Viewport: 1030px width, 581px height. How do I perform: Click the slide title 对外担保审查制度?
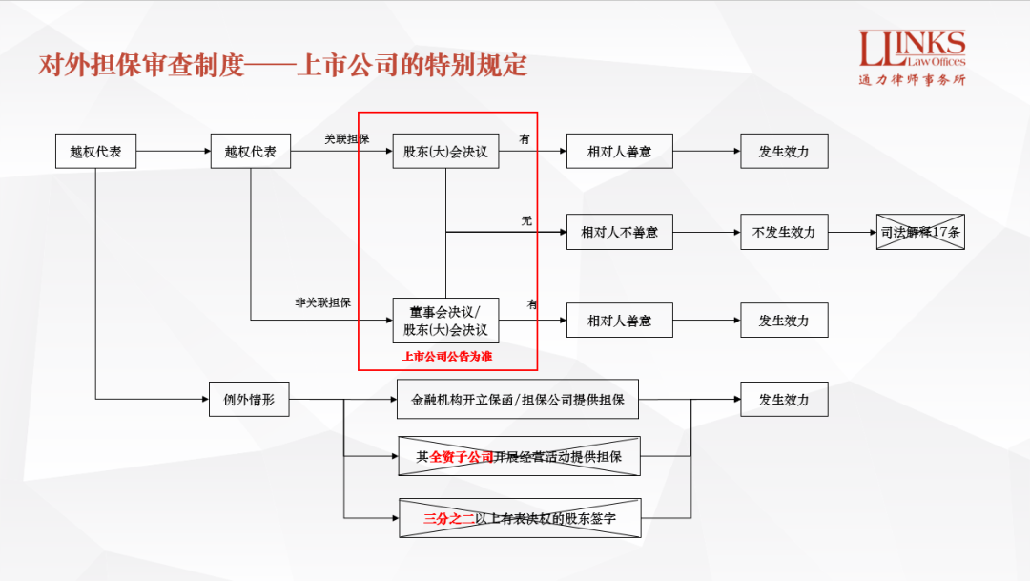tap(141, 65)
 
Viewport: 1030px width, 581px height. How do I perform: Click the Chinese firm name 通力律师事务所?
tap(912, 80)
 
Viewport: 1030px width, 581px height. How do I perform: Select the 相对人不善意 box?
tap(619, 232)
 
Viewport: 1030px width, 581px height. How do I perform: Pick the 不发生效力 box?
tap(784, 232)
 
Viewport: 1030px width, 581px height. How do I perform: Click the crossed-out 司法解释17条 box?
tap(920, 232)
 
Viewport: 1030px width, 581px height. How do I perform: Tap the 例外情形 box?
tap(249, 400)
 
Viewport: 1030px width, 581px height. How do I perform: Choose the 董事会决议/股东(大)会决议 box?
tap(445, 321)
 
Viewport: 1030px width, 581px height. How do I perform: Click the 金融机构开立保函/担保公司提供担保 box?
tap(518, 400)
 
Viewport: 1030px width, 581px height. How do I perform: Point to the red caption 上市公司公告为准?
tap(447, 356)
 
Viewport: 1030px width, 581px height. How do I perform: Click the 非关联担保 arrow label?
tap(322, 302)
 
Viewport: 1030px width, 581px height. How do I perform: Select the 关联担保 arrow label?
tap(346, 139)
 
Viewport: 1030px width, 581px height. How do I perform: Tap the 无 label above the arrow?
tap(526, 221)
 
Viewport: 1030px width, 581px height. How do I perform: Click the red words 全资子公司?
tap(462, 457)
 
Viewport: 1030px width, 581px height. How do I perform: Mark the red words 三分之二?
tap(449, 519)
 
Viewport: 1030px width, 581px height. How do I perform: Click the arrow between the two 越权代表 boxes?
tap(174, 151)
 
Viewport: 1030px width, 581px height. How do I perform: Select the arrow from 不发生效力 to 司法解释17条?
tap(852, 232)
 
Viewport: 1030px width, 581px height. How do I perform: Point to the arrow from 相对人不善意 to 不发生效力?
tap(707, 232)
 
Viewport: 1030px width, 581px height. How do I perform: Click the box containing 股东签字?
tap(520, 519)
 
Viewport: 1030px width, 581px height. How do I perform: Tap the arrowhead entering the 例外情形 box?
tap(204, 400)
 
